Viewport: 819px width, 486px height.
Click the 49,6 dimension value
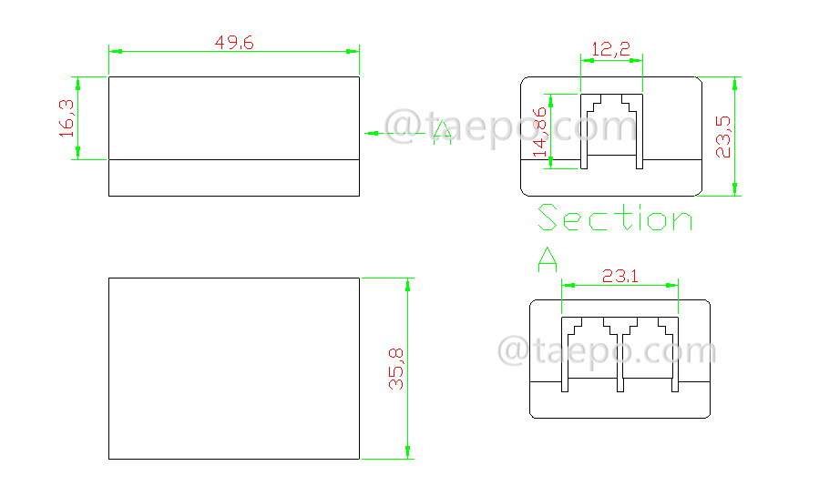pos(234,42)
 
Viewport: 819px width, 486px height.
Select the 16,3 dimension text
pos(67,117)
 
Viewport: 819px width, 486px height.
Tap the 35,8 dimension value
pos(396,368)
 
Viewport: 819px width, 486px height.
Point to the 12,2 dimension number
pos(610,51)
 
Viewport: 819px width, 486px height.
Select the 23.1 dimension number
pos(619,275)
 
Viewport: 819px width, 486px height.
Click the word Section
pos(615,218)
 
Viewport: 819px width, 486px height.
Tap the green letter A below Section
pos(548,259)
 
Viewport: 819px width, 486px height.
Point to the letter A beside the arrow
pos(442,133)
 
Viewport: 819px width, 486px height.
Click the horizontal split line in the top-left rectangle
pos(234,160)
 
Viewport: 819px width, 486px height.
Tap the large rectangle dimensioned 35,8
pos(234,368)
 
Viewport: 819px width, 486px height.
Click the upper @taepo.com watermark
pos(510,127)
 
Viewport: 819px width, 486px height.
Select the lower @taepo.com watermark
pos(606,351)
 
